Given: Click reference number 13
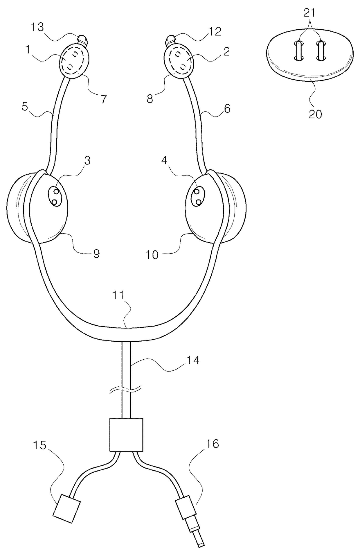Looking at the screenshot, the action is [x=38, y=27].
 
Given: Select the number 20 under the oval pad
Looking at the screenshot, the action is [x=315, y=114].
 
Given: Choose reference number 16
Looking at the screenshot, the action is [x=213, y=444].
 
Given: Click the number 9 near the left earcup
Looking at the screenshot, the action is [x=96, y=254].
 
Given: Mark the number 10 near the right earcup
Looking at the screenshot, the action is [x=152, y=255].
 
